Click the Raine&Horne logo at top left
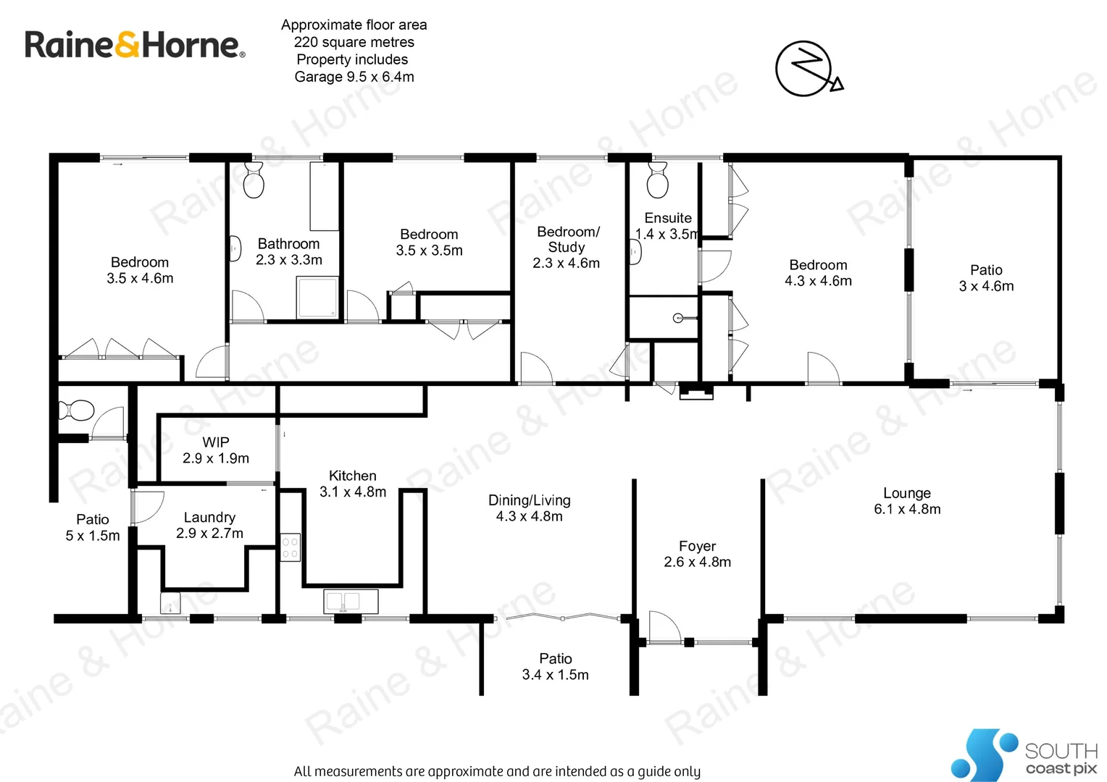pyautogui.click(x=135, y=45)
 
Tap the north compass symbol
pyautogui.click(x=807, y=69)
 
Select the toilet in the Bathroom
pyautogui.click(x=254, y=180)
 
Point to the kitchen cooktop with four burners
pyautogui.click(x=290, y=547)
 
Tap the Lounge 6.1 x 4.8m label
pyautogui.click(x=907, y=501)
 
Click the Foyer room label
pyautogui.click(x=697, y=554)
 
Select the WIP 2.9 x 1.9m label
pyautogui.click(x=216, y=450)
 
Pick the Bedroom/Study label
pyautogui.click(x=567, y=247)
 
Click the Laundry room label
pyautogui.click(x=209, y=525)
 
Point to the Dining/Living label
pyautogui.click(x=529, y=508)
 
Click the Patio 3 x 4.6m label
pyautogui.click(x=986, y=278)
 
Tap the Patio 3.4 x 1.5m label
pyautogui.click(x=556, y=666)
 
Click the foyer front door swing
pyautogui.click(x=664, y=627)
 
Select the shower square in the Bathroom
pyautogui.click(x=317, y=297)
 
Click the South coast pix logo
pyautogui.click(x=1024, y=755)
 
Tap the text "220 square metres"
pyautogui.click(x=354, y=42)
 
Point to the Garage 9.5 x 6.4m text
pyautogui.click(x=354, y=77)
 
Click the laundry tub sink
pyautogui.click(x=170, y=603)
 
